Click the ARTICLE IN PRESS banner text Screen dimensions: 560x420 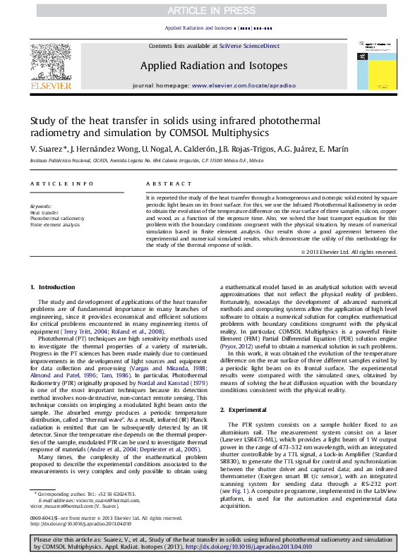[210, 11]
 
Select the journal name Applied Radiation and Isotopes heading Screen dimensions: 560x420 [214, 66]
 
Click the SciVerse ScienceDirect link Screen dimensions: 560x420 [249, 46]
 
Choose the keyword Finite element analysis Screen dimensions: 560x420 [54, 225]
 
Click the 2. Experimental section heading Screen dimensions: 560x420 [245, 409]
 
